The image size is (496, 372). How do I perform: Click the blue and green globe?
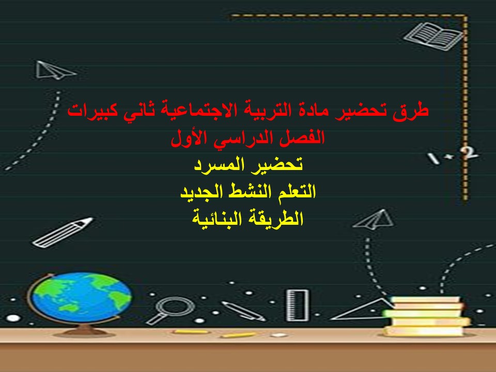80,297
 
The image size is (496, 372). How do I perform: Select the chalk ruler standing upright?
298,305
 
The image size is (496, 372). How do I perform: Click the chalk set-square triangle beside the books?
364,310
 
